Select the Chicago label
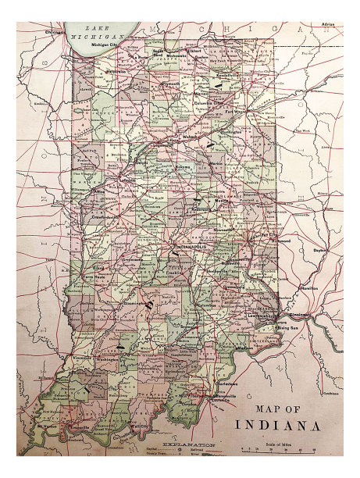pyautogui.click(x=55, y=32)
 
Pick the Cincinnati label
pyautogui.click(x=298, y=315)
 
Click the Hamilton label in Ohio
pyautogui.click(x=308, y=287)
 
